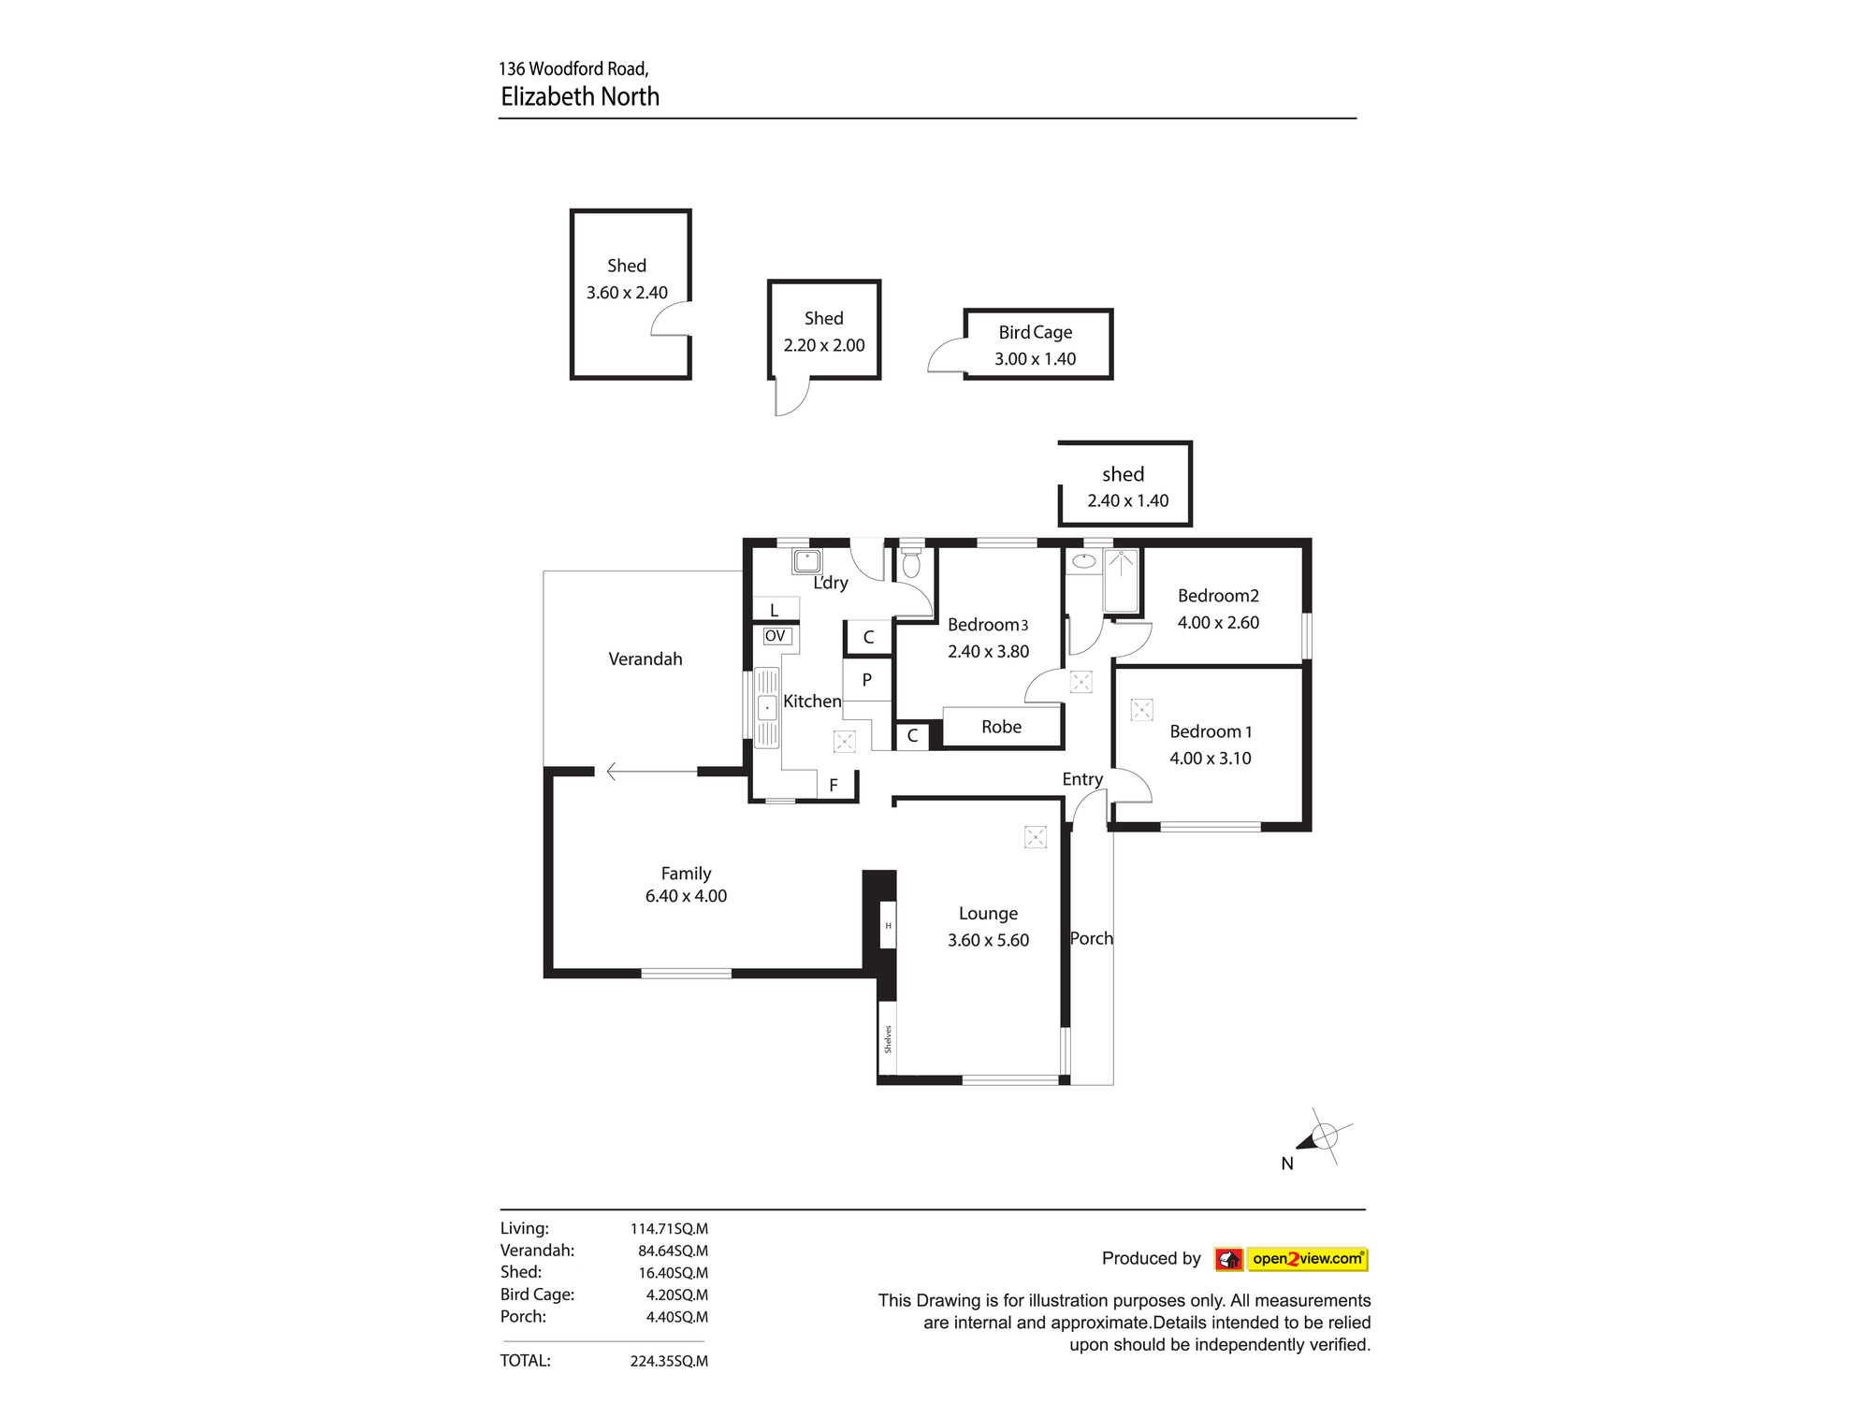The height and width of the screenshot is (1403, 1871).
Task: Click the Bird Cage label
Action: (x=1035, y=332)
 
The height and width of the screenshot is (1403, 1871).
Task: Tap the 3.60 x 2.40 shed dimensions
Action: (x=627, y=293)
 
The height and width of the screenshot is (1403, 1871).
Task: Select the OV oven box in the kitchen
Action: (x=776, y=636)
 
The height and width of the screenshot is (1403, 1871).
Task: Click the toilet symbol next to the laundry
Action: (x=911, y=564)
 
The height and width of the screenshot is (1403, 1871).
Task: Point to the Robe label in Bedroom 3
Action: (x=1001, y=727)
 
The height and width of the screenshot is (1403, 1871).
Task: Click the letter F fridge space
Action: (x=834, y=786)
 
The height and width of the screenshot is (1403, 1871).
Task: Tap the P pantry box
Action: (x=867, y=680)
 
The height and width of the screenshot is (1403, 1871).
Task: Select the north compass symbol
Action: (x=1321, y=1138)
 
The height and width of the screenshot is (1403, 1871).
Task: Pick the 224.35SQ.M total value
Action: (x=669, y=1361)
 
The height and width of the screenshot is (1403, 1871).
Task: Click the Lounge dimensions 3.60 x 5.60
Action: (x=988, y=940)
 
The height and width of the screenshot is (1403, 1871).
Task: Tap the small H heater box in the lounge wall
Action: (x=888, y=926)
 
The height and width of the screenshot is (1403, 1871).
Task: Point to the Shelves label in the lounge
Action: (x=888, y=1039)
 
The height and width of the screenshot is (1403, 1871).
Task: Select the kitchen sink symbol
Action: (x=766, y=707)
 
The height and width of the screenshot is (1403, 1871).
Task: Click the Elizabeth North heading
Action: (x=580, y=96)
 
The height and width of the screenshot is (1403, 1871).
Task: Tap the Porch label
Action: (x=1091, y=938)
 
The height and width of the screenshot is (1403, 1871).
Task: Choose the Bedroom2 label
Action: (x=1218, y=596)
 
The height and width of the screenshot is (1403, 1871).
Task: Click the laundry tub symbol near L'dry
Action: (x=806, y=561)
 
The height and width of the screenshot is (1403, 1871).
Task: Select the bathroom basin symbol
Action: (x=1083, y=561)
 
